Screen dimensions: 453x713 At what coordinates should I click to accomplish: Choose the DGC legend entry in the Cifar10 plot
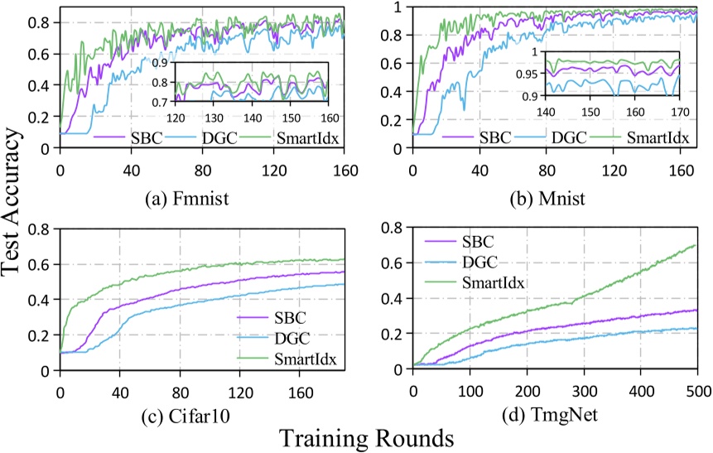pyautogui.click(x=291, y=338)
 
